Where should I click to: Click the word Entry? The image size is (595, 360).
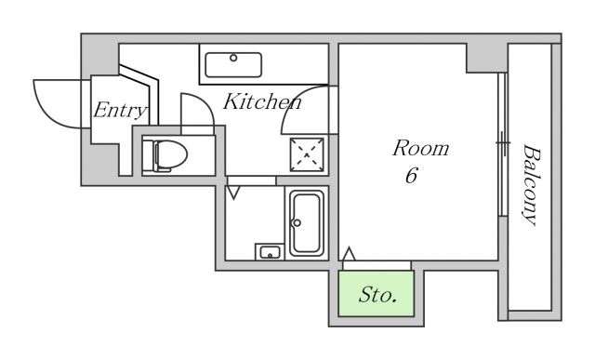[120, 111]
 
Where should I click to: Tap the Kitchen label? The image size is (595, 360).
[262, 101]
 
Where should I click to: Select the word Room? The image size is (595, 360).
[420, 148]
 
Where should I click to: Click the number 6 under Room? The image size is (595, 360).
[411, 175]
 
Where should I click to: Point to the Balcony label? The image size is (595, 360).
[531, 184]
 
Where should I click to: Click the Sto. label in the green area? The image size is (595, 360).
[377, 295]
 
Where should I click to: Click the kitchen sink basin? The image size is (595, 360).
[233, 65]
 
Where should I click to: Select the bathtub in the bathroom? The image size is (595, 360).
[307, 223]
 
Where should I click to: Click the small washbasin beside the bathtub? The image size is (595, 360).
[270, 252]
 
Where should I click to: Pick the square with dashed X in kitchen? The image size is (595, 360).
[307, 154]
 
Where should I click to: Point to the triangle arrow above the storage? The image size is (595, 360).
[350, 254]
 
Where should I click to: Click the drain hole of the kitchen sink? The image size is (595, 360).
[233, 58]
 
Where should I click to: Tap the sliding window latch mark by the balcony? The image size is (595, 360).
[503, 143]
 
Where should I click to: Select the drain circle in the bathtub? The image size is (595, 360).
[297, 223]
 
